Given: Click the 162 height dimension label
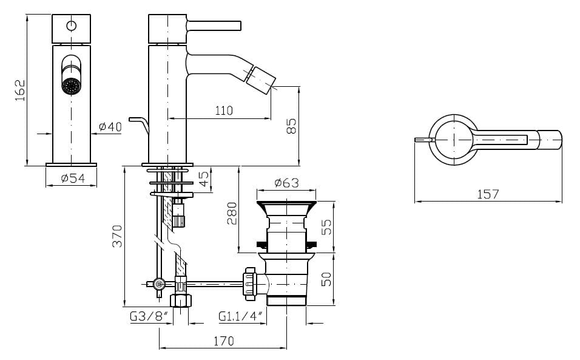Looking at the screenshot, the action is (20, 90).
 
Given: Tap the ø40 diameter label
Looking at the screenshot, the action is (110, 126).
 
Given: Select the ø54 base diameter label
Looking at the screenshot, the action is (73, 178).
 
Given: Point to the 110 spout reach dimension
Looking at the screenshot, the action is (224, 110).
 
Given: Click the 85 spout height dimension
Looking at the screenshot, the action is (291, 126).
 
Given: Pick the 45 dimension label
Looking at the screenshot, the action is (204, 179).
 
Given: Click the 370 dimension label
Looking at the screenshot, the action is (117, 236).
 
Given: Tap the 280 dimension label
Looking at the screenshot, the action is (232, 214).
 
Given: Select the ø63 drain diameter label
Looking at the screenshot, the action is (287, 183).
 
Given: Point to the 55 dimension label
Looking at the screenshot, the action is (326, 227).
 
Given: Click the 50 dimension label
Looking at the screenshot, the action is (326, 279).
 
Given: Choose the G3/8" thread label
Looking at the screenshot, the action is (149, 317).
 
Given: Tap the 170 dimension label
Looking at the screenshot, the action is (223, 341).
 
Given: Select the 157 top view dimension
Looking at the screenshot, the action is (488, 194).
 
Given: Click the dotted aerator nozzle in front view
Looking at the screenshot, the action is (72, 86).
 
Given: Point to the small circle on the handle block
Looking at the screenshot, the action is (72, 26).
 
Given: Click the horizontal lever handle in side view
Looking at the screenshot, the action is (214, 25).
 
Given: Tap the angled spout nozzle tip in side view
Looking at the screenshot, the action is (260, 78).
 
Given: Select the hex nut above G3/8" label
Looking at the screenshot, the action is (181, 300).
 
